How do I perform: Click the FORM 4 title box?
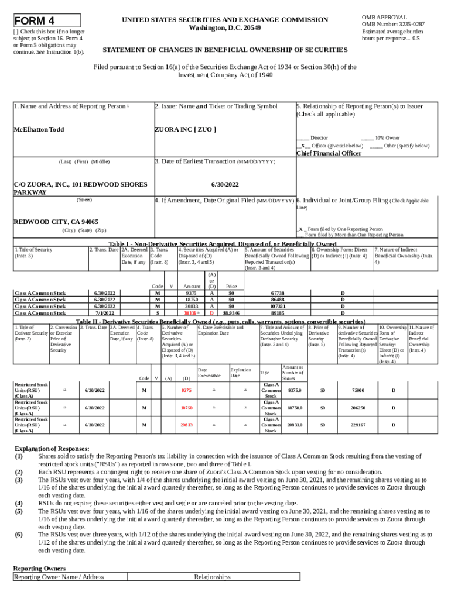[x=46, y=20]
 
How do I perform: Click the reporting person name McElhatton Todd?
[x=39, y=129]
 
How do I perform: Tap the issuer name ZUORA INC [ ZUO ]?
[x=185, y=129]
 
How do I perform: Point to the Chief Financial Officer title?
[x=329, y=153]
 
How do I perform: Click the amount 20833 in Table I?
[x=191, y=306]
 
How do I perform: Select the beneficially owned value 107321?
[x=278, y=306]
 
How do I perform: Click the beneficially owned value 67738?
[x=278, y=292]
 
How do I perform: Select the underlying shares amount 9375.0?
[x=295, y=390]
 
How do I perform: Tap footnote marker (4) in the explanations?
[x=19, y=502]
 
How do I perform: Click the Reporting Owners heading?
[x=39, y=568]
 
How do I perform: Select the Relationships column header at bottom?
[x=212, y=577]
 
